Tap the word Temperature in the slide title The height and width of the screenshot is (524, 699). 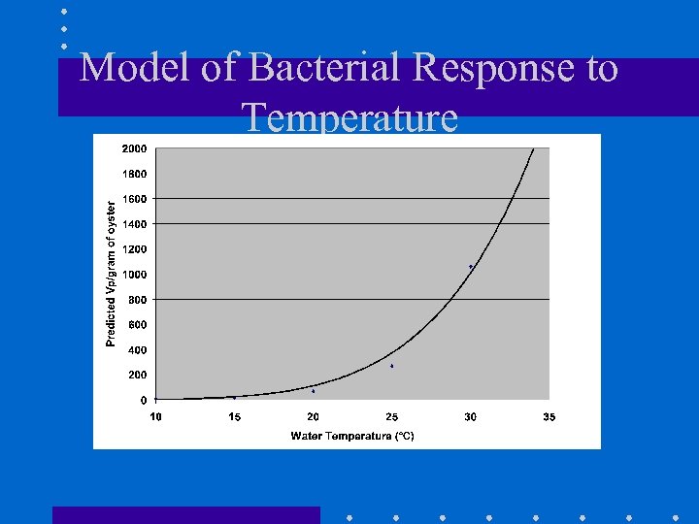tap(350, 117)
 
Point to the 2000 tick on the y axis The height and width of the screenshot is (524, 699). tap(135, 148)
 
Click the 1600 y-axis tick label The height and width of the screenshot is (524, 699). tap(135, 199)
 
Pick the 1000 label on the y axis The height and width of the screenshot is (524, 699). tap(135, 275)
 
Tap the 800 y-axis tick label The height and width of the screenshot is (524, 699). tap(138, 300)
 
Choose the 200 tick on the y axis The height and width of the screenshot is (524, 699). tap(138, 375)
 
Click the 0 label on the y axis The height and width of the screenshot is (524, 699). tap(144, 400)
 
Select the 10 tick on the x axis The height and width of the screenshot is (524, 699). tap(156, 417)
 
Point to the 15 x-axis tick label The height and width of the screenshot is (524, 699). tap(235, 417)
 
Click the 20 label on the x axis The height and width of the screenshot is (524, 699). tap(314, 417)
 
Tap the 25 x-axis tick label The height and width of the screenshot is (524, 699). tap(392, 417)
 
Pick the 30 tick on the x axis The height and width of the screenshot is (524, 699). tap(471, 417)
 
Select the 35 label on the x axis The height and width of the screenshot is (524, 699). tap(549, 417)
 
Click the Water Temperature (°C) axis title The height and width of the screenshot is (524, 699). tap(352, 436)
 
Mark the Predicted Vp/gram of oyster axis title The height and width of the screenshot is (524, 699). tap(111, 274)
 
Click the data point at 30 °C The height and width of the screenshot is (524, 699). tap(471, 266)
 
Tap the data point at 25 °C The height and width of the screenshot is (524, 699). tap(392, 366)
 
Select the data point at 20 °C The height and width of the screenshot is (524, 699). tap(314, 391)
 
